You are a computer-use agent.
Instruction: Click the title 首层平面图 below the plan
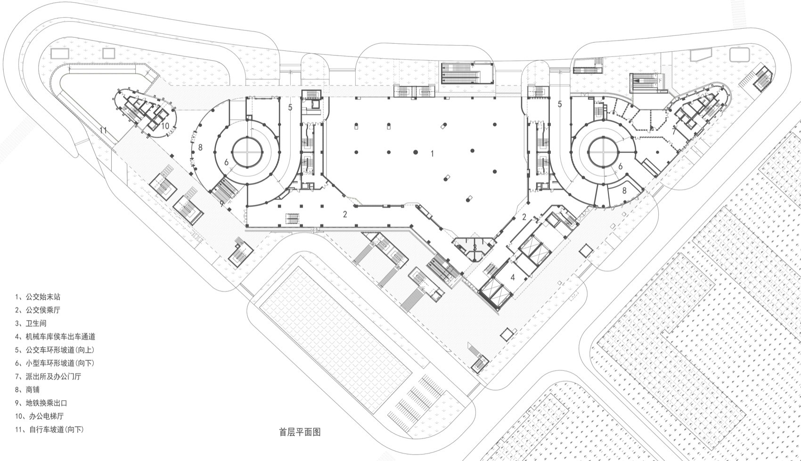click(300, 431)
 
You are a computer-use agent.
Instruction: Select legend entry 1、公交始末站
click(38, 297)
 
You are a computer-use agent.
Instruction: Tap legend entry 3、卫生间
click(31, 324)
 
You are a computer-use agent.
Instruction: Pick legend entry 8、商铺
click(27, 390)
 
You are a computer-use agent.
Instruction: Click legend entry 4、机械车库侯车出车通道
click(55, 337)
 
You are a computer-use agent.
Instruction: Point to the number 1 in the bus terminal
click(432, 153)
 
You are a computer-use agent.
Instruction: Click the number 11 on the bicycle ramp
click(103, 131)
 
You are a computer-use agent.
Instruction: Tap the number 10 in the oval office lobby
click(165, 126)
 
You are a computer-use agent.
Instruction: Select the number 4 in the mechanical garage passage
click(512, 277)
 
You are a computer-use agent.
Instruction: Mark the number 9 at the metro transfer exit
click(222, 203)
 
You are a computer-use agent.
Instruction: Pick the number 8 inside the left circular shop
click(200, 147)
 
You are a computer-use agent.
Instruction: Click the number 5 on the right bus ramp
click(560, 104)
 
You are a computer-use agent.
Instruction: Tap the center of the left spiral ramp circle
click(247, 152)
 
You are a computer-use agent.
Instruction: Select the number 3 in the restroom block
click(475, 247)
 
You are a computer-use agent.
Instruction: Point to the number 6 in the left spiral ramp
click(226, 162)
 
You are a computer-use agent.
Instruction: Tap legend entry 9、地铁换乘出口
click(41, 403)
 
